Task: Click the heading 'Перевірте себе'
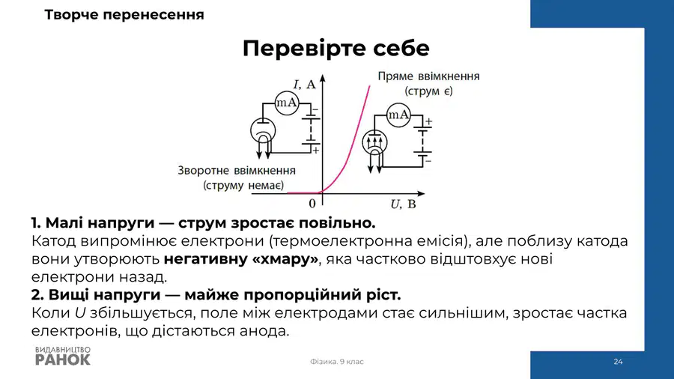tap(336, 48)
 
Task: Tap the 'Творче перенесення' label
tap(124, 15)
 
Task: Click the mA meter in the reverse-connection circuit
tap(287, 103)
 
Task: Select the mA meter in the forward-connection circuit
tap(398, 115)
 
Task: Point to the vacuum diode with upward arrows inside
tap(375, 142)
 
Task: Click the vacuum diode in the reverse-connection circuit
tap(263, 130)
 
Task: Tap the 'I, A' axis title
tap(304, 84)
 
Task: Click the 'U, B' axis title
tap(403, 204)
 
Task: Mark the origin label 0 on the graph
tap(312, 203)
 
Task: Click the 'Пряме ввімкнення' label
tap(428, 76)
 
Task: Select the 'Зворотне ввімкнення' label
tap(237, 171)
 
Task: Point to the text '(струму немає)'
tap(243, 185)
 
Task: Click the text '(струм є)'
tap(428, 91)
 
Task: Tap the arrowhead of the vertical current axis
tap(322, 78)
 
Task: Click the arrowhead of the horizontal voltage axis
tap(421, 194)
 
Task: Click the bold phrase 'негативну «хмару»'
tap(241, 259)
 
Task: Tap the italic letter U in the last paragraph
tap(80, 313)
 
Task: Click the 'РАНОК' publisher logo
tap(63, 360)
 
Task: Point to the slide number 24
tap(618, 362)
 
